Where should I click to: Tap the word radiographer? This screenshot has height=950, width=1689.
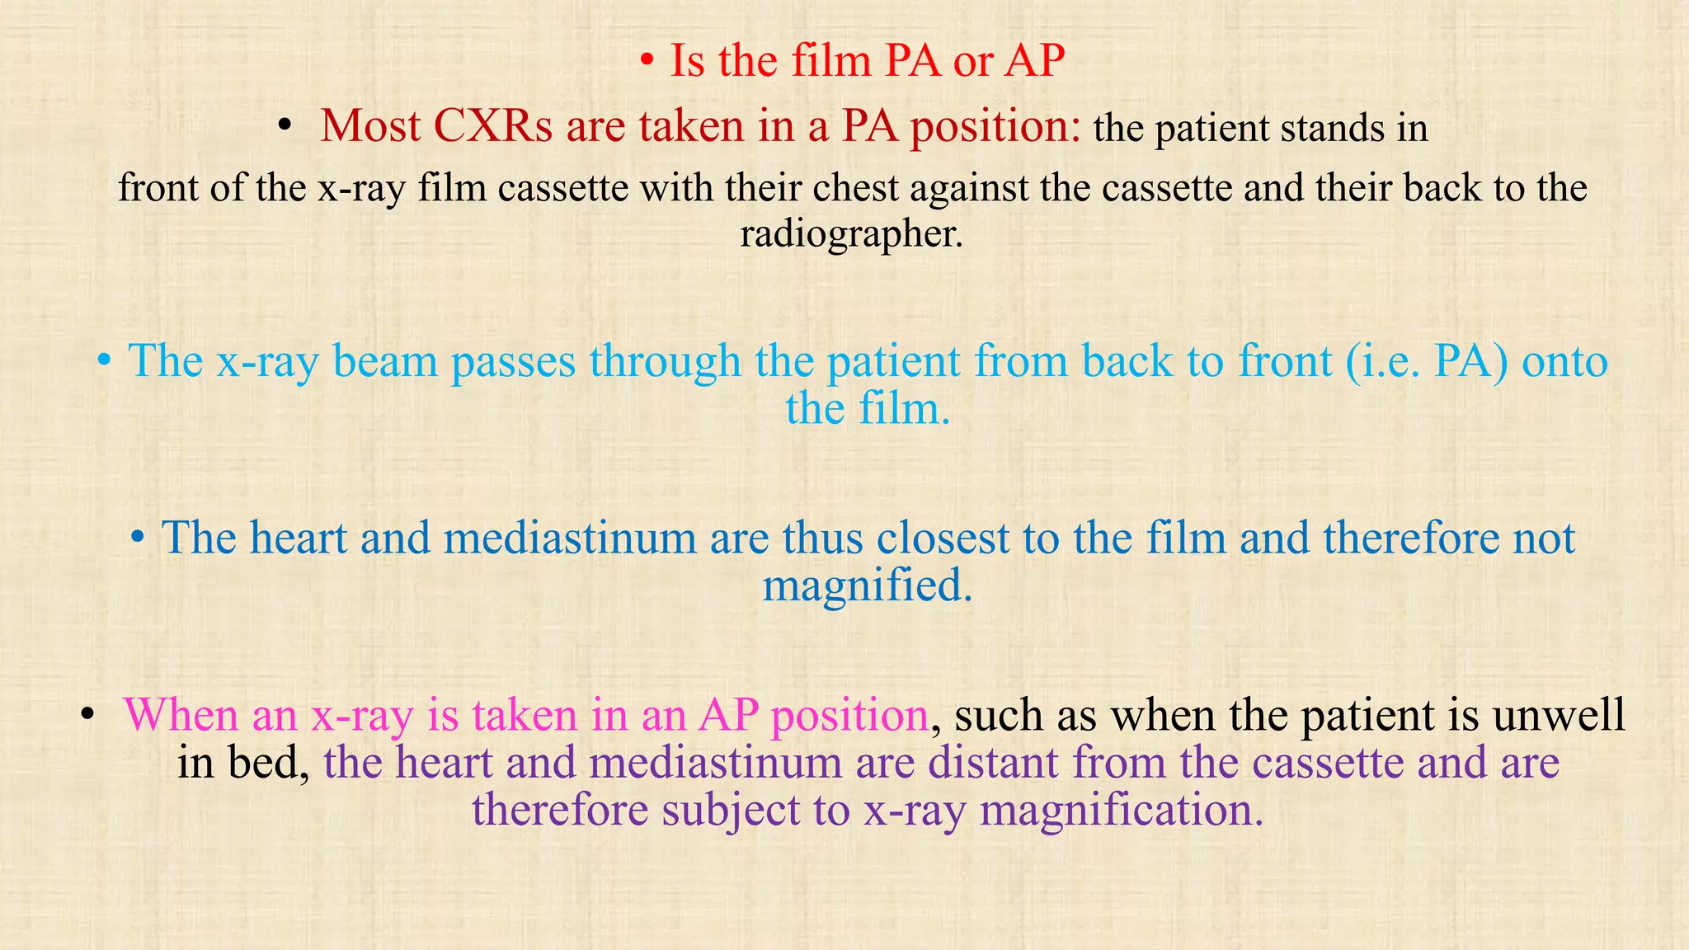tap(850, 233)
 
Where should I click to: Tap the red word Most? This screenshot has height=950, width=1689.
tap(370, 126)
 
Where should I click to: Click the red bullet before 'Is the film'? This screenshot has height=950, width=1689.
tap(648, 62)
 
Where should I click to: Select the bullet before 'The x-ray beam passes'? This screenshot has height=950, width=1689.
tap(104, 362)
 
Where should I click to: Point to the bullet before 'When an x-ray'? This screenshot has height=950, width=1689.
tap(87, 715)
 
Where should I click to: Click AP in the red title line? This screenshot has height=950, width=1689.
tap(1034, 61)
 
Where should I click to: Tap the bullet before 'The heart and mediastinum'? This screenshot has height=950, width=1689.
tap(138, 538)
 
